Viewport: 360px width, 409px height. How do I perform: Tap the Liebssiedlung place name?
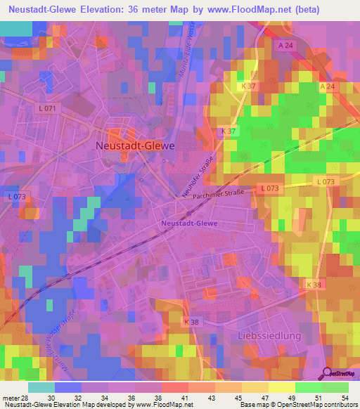pyautogui.click(x=269, y=336)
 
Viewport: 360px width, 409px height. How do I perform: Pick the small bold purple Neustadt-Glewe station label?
pyautogui.click(x=189, y=223)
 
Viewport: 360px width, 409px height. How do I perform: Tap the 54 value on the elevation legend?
pyautogui.click(x=345, y=398)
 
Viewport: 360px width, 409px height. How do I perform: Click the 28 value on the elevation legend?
pyautogui.click(x=27, y=398)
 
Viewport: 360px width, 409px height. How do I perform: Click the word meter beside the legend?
pyautogui.click(x=11, y=398)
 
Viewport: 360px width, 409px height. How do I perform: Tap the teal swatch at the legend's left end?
pyautogui.click(x=41, y=387)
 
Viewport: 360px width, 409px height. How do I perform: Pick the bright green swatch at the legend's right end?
pyautogui.click(x=335, y=387)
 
